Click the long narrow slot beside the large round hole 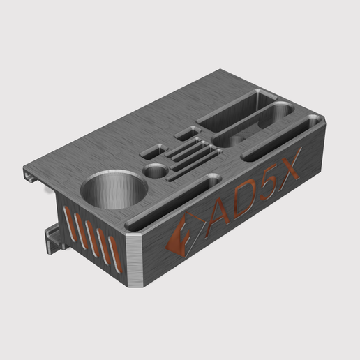click(172, 202)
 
